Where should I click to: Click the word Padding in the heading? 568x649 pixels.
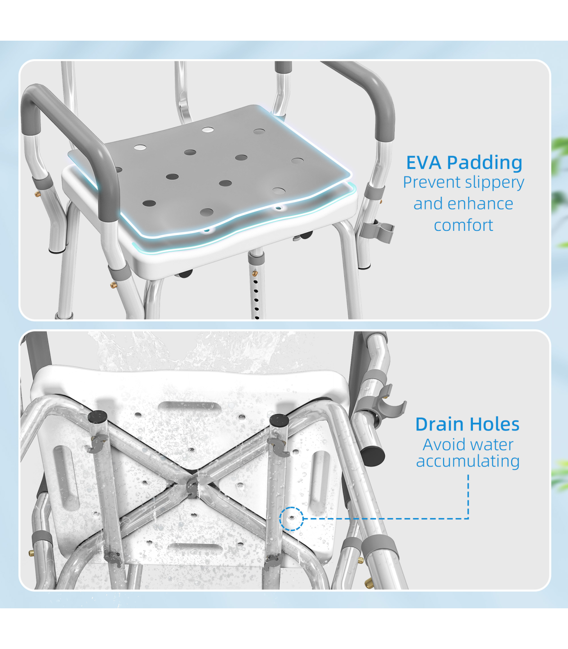pos(485,164)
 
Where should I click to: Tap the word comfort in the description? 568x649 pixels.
pos(463,226)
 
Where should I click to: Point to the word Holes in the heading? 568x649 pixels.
pos(494,424)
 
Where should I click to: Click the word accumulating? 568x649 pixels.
pos(468,462)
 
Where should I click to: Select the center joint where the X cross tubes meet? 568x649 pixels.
pos(192,486)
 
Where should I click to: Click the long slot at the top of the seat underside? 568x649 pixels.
pos(190,406)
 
